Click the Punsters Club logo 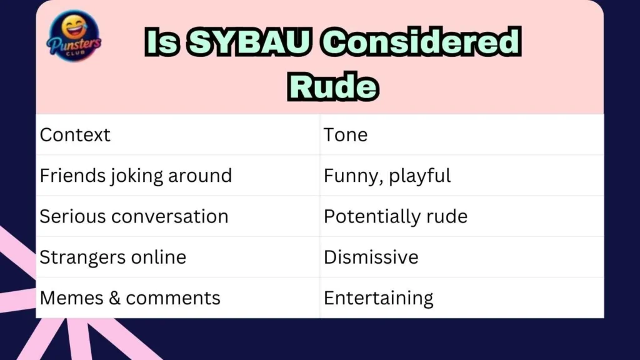(74, 38)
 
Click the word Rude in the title (332, 87)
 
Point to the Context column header (75, 135)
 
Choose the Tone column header (346, 135)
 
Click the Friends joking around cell (136, 176)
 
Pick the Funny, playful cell (387, 176)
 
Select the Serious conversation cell (134, 216)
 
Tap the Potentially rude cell (395, 216)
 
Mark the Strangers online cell (112, 257)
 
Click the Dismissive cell (371, 257)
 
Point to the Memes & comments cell (130, 297)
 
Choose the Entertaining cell (378, 297)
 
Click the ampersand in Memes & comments (114, 297)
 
